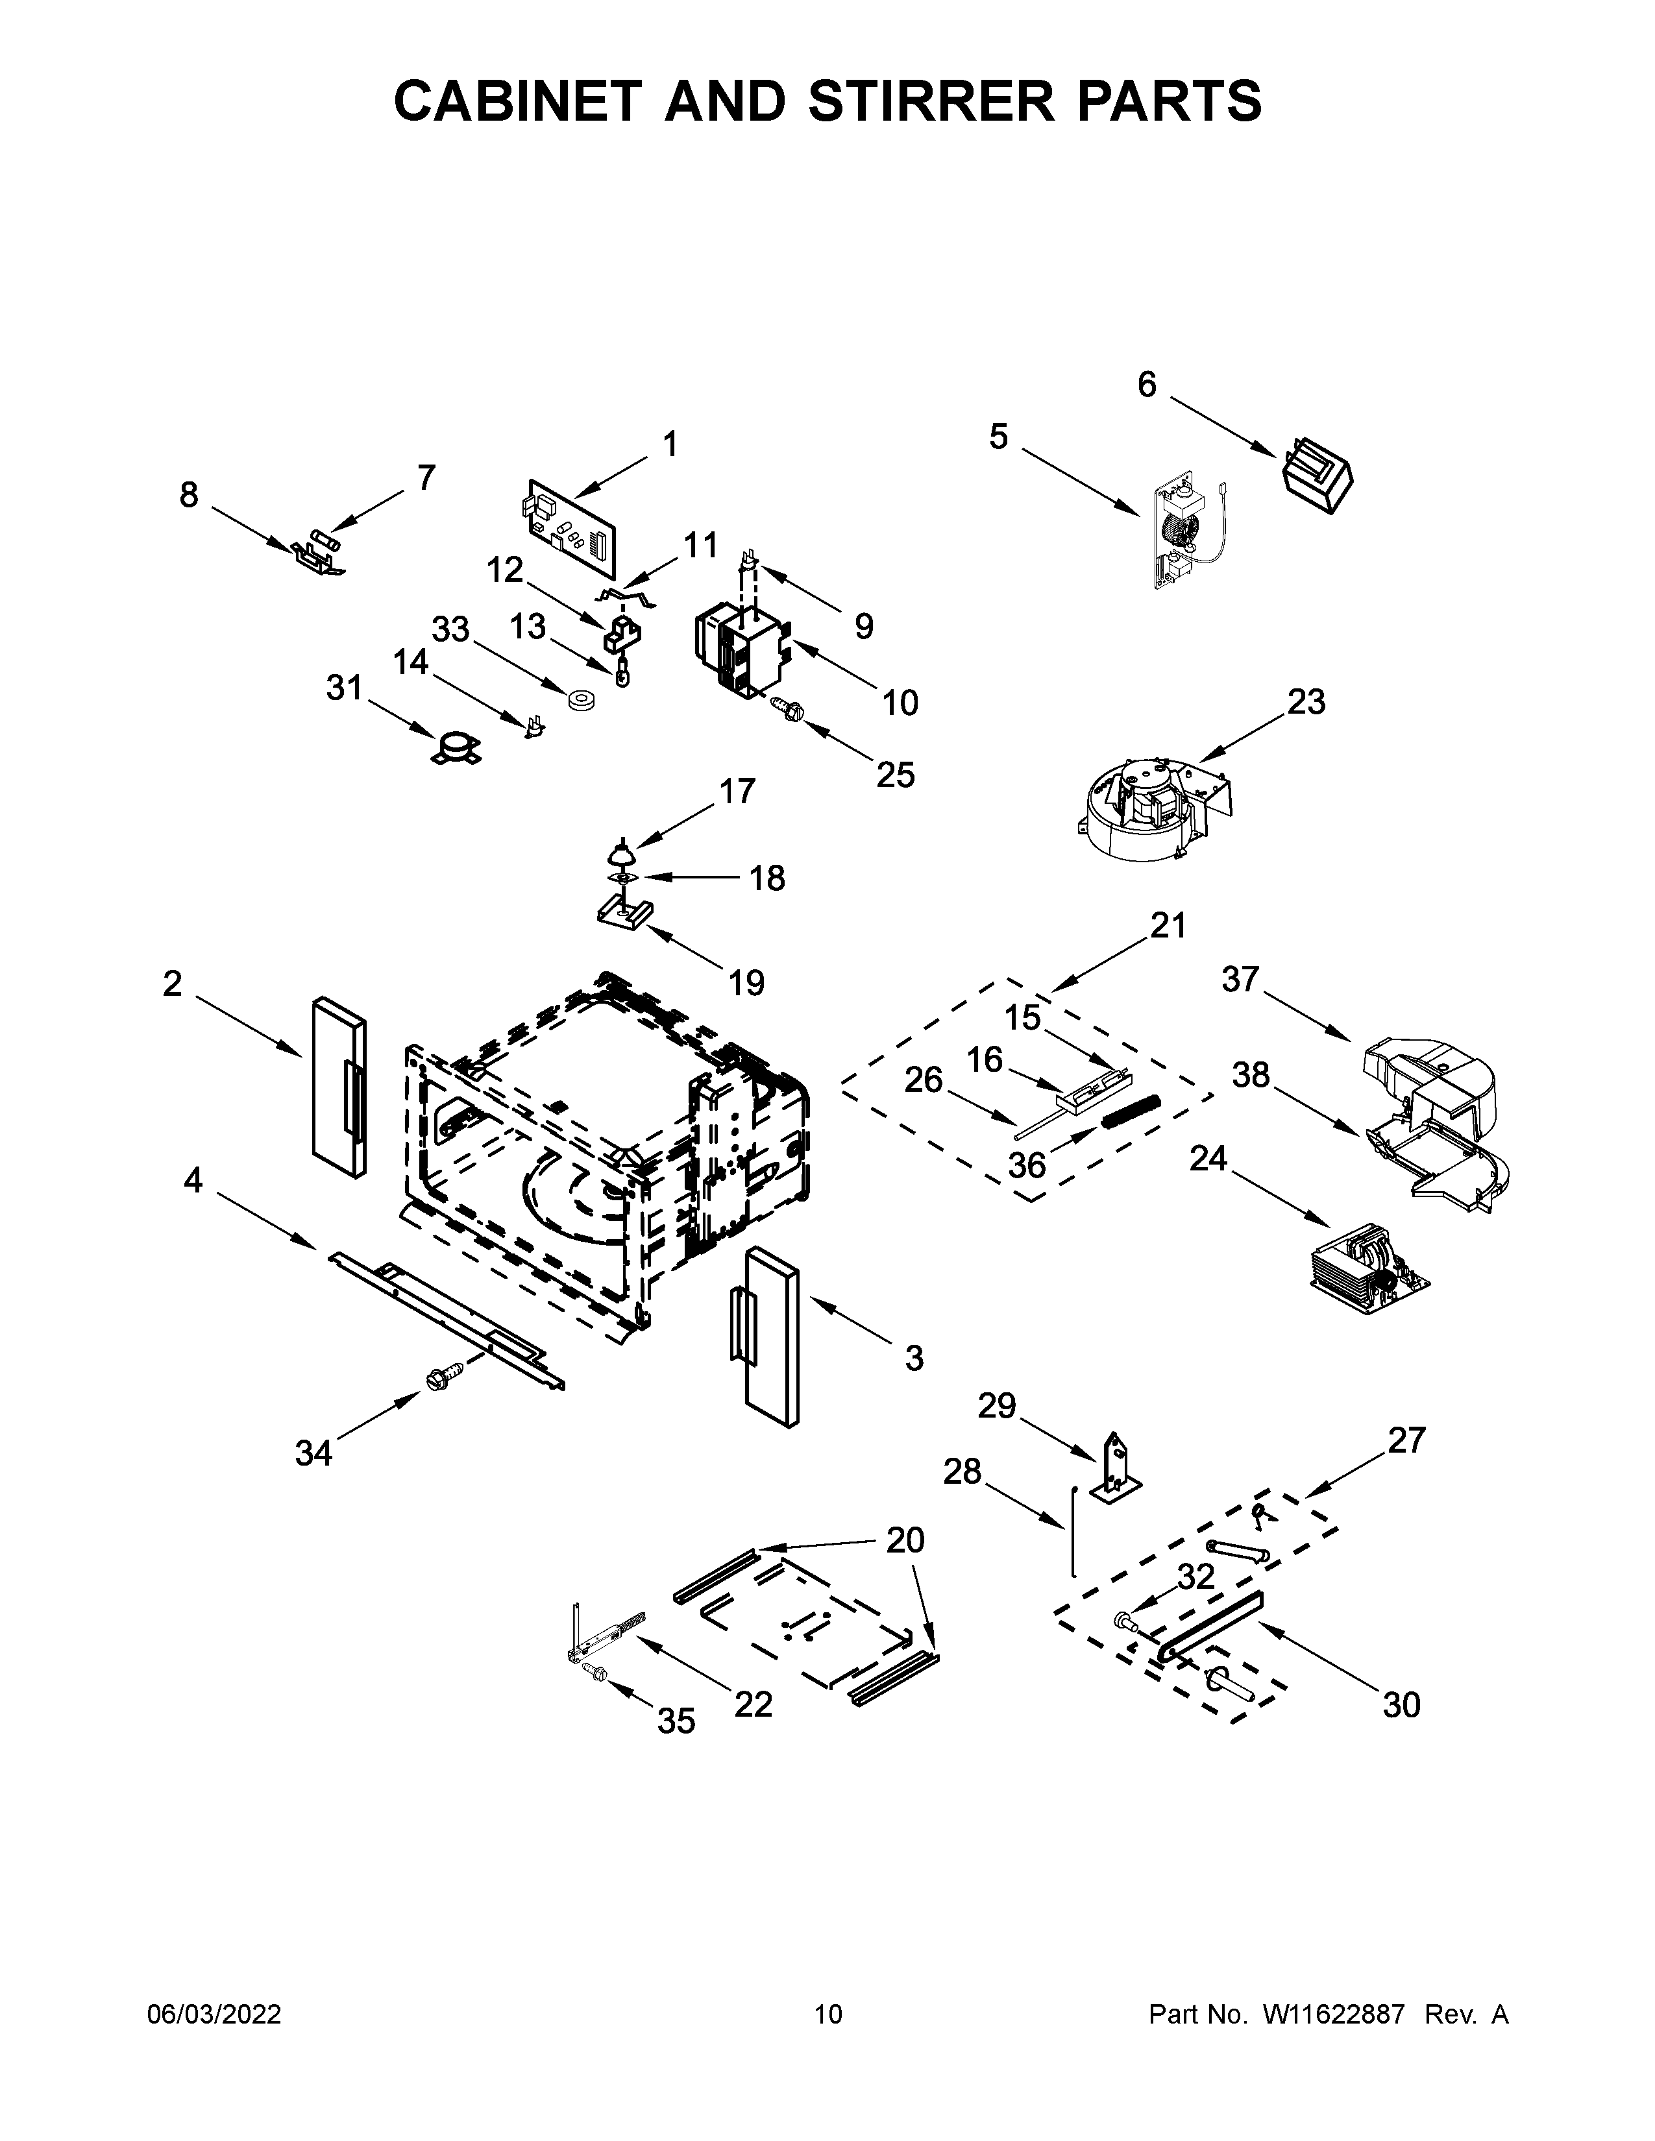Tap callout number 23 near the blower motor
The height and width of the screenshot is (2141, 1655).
[x=1306, y=702]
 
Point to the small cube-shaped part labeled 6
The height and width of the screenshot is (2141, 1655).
[x=1317, y=476]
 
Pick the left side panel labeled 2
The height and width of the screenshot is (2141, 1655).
[x=338, y=1087]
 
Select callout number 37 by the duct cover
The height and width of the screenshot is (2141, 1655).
[x=1240, y=978]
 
